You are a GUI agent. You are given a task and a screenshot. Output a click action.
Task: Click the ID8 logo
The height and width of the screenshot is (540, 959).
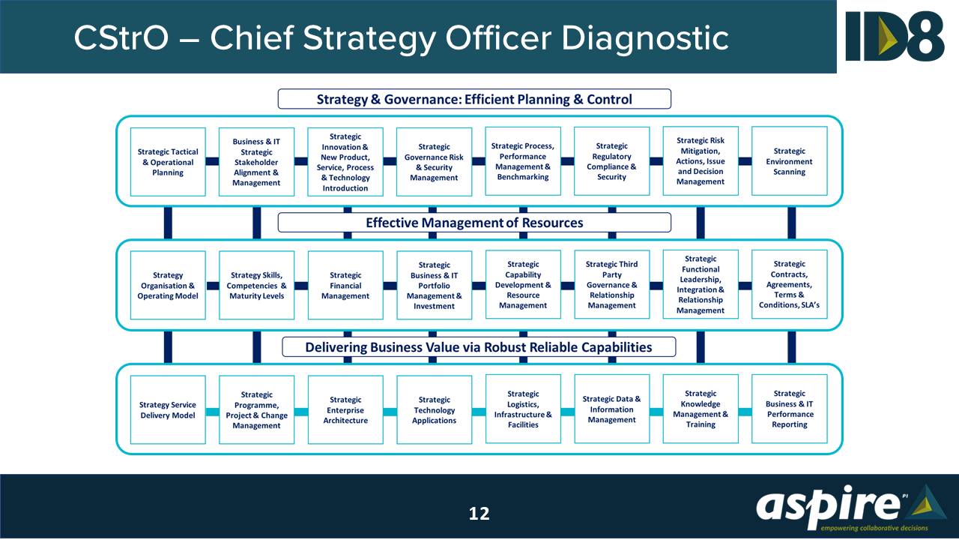point(895,36)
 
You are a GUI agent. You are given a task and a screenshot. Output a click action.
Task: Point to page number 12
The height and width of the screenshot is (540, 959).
point(479,513)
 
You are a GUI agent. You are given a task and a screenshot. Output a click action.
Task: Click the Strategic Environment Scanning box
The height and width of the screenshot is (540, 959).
point(790,161)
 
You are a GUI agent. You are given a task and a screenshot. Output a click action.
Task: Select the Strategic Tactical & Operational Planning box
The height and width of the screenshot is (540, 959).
point(168,162)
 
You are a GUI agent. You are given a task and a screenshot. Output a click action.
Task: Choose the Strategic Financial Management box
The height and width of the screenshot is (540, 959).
point(345,286)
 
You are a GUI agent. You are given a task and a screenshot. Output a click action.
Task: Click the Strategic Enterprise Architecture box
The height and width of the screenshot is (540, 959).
point(345,410)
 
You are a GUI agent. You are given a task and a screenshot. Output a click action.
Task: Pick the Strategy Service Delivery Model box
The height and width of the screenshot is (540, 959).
point(168,410)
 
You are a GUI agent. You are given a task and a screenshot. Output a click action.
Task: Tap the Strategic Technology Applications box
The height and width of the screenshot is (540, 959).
point(435,410)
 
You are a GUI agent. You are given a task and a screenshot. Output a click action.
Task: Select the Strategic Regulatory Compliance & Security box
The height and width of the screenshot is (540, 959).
point(612,161)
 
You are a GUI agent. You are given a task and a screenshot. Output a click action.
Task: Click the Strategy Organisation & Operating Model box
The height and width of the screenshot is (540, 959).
point(168,286)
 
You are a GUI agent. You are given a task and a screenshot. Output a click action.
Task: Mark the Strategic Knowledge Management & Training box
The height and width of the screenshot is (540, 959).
point(701,409)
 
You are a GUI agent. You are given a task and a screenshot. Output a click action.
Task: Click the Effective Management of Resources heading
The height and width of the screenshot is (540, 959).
point(474,223)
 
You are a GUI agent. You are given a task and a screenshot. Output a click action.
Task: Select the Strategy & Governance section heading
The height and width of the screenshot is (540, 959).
point(474,99)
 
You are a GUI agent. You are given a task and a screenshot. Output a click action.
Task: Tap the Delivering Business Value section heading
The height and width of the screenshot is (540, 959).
point(479,347)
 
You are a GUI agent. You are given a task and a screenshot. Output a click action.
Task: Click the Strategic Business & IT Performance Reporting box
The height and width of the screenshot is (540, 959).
point(790,409)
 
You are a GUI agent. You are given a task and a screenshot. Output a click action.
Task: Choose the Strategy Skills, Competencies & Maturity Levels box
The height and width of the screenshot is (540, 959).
point(257,286)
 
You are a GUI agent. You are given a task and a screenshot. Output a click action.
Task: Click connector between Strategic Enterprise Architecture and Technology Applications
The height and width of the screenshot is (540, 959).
point(390,412)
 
